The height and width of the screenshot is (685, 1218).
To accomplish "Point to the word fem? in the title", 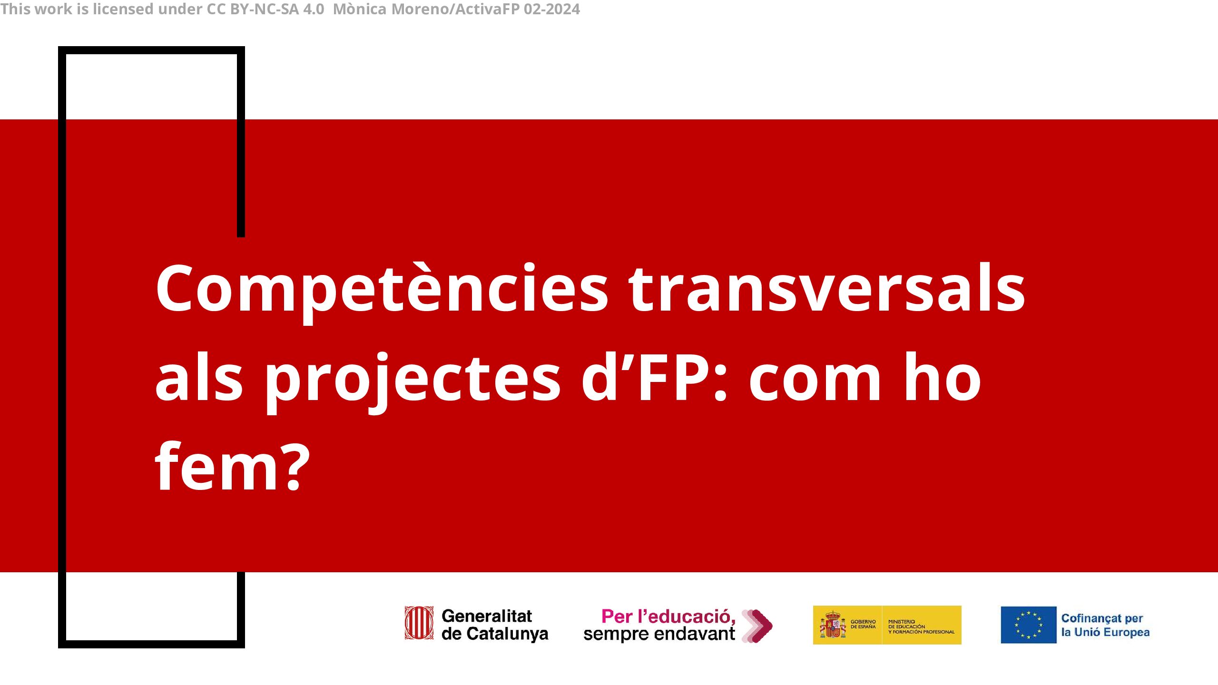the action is click(233, 466).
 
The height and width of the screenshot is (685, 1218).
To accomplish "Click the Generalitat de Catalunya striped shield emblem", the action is click(419, 623).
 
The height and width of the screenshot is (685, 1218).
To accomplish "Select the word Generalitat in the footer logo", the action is click(487, 616).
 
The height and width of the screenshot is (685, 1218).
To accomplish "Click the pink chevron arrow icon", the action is click(757, 626).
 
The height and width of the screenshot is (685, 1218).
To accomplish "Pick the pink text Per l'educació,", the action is click(668, 616).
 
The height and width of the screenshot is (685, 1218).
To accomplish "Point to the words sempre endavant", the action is click(659, 634).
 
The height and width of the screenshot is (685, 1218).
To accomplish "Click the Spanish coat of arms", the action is click(833, 625).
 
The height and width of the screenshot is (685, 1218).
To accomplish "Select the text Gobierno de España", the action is click(863, 624).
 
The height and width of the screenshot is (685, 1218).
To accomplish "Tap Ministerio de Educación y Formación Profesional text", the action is click(921, 626).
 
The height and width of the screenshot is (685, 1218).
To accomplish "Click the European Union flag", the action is click(1028, 625).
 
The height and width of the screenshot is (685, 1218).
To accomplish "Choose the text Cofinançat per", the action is click(1102, 618).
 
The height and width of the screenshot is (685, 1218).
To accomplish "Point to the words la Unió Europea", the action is click(1105, 632).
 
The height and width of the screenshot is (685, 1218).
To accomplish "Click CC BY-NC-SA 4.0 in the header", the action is click(265, 9).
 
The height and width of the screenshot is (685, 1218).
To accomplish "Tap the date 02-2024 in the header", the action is click(552, 9).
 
